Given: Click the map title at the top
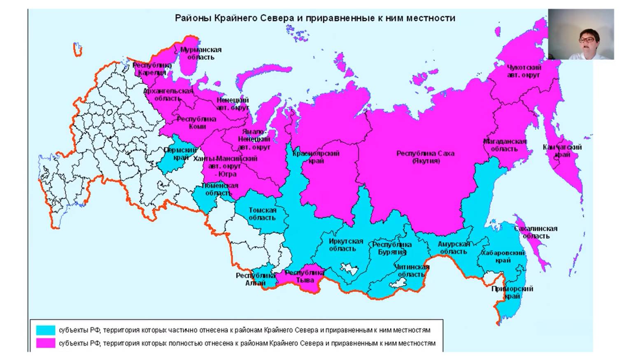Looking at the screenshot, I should point(315,18).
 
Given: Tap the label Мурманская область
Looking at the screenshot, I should point(201,53).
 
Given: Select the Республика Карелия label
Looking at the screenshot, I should point(152,69).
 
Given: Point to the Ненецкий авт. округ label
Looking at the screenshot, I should point(233,104).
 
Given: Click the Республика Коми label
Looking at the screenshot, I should point(197,123).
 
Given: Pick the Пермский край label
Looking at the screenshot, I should point(180,154).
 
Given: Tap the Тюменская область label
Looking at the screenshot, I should point(220,189).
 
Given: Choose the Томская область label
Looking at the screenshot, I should point(262,214).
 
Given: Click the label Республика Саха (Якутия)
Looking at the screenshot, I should point(425,157).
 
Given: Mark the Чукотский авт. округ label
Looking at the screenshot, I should point(524,71).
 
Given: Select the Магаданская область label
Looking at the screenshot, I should point(505,145).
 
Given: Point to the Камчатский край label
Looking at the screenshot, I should point(562,151).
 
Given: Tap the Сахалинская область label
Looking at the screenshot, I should point(535,232).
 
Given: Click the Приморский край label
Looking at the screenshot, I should point(512,293).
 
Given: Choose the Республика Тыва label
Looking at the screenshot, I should point(305,276).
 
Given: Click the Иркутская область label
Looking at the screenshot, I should point(346,245).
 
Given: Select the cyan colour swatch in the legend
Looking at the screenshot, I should point(45,330).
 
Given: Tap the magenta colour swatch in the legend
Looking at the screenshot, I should point(45,343).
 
